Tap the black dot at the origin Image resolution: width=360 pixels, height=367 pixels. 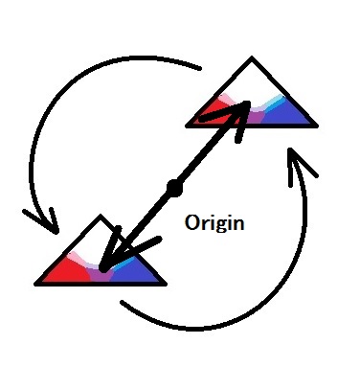click(x=174, y=188)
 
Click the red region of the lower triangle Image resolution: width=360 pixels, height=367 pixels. click(x=69, y=271)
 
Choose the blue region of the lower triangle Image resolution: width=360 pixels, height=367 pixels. click(x=134, y=271)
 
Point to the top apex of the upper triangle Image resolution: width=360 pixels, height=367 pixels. click(x=252, y=57)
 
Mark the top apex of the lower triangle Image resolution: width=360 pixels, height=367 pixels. click(x=101, y=217)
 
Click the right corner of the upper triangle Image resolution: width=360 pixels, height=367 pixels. click(x=317, y=126)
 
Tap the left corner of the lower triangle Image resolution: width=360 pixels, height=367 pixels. click(x=35, y=284)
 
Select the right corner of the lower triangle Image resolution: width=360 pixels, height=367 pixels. click(x=166, y=284)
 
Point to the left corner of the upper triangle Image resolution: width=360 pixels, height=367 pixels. click(x=187, y=126)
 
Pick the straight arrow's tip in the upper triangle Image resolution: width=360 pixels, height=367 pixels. click(x=247, y=103)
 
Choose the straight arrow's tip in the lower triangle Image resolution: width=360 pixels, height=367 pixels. click(x=102, y=270)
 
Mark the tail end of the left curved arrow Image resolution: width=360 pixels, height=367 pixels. click(x=200, y=68)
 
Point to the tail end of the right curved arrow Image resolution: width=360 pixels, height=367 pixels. click(x=123, y=303)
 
